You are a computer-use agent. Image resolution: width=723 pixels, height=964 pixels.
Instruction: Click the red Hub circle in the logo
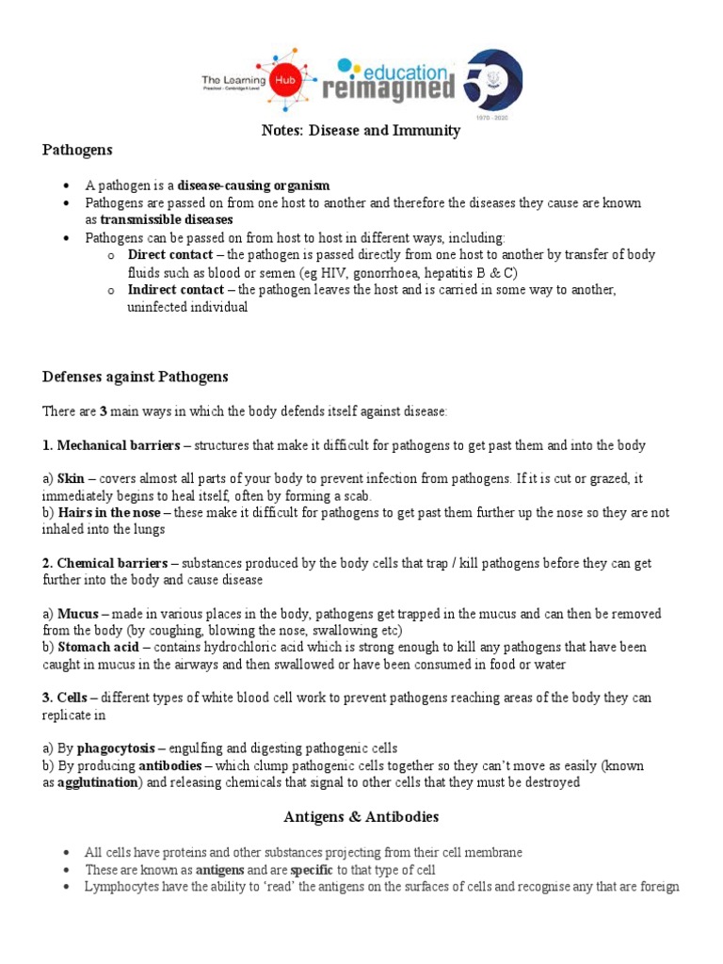279,82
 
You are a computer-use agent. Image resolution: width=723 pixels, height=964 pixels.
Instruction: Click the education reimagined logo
388,81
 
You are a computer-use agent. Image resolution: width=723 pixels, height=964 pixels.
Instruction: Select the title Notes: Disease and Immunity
361,131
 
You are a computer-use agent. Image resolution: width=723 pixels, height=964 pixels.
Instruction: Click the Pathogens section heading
77,150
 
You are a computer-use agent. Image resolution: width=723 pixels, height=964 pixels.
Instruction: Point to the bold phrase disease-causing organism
254,185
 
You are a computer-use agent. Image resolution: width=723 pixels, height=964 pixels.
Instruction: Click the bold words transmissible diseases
167,219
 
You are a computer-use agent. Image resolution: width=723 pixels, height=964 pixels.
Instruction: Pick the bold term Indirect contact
176,290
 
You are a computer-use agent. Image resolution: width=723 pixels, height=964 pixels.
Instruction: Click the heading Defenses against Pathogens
136,377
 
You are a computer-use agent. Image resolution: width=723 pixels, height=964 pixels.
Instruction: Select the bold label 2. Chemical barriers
104,563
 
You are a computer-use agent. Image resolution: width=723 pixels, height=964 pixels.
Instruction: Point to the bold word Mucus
77,614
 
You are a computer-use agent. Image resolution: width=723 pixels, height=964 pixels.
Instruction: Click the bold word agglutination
97,782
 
